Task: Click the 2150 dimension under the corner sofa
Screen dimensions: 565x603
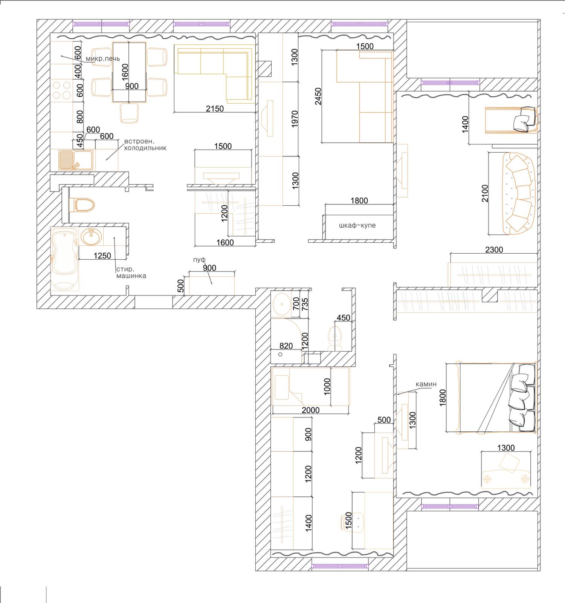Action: click(215, 109)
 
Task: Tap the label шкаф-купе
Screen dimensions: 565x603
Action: click(357, 225)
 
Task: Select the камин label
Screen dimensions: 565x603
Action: click(426, 384)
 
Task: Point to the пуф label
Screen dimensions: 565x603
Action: click(199, 260)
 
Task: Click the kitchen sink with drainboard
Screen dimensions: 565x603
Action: click(76, 160)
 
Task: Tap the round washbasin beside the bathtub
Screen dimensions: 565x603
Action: click(90, 237)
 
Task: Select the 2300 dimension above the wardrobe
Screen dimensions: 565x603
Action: click(494, 249)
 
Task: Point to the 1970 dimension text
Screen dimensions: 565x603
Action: click(295, 118)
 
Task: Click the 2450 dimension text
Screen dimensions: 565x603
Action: click(318, 96)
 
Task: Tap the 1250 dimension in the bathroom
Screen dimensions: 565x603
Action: click(102, 256)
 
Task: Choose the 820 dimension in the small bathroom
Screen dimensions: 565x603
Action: click(286, 346)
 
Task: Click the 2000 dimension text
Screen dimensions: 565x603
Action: click(310, 410)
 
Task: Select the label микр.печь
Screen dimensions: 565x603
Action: click(102, 59)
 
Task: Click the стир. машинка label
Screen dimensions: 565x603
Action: click(131, 272)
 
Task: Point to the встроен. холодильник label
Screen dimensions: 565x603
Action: click(145, 145)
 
